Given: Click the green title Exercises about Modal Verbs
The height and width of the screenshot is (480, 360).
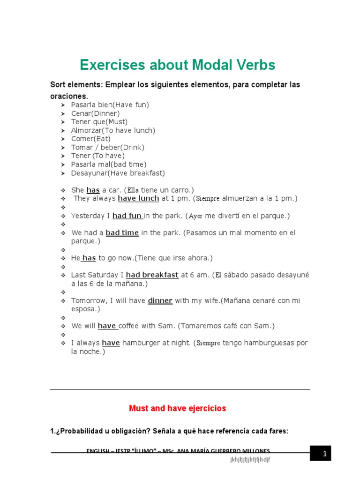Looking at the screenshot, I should (x=178, y=65).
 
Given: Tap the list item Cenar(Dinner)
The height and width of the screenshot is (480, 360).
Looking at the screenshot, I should (x=95, y=113).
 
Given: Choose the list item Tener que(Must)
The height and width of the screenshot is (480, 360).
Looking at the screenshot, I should (x=99, y=122).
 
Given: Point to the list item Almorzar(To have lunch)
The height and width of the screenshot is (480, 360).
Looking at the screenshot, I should (x=112, y=130).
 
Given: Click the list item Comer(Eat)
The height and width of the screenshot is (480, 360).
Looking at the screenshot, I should (x=91, y=139).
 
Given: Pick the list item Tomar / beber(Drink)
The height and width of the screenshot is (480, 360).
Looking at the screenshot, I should (x=107, y=147).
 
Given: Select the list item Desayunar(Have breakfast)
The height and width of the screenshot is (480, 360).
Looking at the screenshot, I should (x=118, y=173).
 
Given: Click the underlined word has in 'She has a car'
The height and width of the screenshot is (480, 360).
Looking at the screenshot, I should (x=93, y=190).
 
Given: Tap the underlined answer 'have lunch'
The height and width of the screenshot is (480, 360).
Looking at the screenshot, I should (x=138, y=199).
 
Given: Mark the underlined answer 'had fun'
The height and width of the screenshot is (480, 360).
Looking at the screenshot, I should (x=127, y=216).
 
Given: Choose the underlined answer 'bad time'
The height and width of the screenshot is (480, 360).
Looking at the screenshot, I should (x=122, y=233).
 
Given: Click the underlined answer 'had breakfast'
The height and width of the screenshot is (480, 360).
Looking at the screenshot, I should (x=152, y=275).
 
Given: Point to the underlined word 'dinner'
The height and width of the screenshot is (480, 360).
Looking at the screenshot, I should (x=160, y=301).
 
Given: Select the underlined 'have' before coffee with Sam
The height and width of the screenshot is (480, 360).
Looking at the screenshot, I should (x=107, y=326).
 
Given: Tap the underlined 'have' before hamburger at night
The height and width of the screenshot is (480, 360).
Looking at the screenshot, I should (x=111, y=343).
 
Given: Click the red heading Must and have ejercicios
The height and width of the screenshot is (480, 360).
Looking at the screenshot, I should (x=177, y=408).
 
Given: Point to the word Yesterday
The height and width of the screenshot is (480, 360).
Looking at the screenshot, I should (x=90, y=216).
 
